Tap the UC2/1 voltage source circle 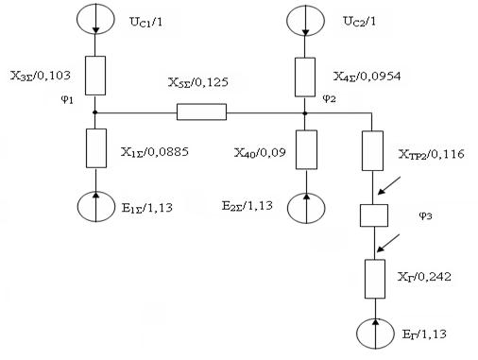click(x=286, y=20)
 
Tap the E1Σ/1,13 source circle click(x=77, y=206)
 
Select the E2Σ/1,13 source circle click(x=287, y=208)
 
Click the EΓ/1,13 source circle click(x=357, y=334)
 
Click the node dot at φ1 click(x=94, y=112)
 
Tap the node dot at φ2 click(x=305, y=112)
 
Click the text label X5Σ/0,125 click(x=198, y=82)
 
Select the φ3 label click(x=425, y=216)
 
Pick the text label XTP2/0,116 click(x=431, y=154)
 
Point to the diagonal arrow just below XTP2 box click(x=389, y=185)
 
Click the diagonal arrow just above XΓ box click(x=388, y=243)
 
